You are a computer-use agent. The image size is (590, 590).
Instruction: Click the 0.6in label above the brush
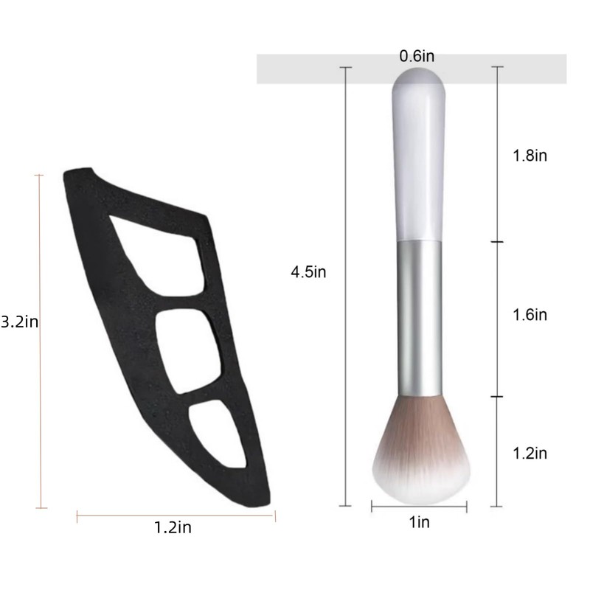417,56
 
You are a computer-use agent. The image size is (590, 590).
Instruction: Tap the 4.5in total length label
308,271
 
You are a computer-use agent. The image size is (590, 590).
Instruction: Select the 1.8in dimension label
530,156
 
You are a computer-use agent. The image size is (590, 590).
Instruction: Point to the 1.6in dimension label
530,315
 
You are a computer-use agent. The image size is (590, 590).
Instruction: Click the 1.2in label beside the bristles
530,453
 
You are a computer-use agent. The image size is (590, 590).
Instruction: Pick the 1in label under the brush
419,522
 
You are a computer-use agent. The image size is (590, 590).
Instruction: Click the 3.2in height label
20,322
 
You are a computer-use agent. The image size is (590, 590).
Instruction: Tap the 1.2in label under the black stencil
173,527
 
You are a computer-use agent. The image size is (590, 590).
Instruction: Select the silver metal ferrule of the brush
420,319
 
